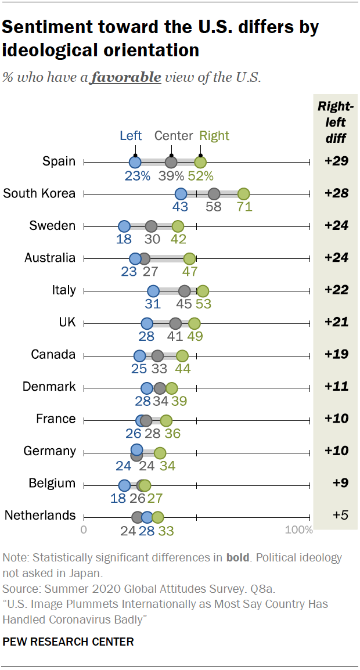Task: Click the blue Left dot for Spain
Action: coord(135,162)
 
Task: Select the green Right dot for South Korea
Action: coord(243,194)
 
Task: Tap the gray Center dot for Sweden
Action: coord(151,226)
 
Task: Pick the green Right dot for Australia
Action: coord(189,258)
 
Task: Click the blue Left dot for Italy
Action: coord(153,291)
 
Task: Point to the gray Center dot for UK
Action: coord(175,323)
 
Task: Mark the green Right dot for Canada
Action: coord(182,355)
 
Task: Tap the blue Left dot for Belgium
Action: coord(124,484)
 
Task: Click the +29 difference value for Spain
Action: coord(336,161)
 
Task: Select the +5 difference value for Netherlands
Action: coord(337,516)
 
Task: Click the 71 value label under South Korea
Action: coord(244,207)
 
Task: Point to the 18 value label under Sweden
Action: coord(124,239)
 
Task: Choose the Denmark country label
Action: coord(49,387)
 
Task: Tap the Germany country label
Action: coord(49,451)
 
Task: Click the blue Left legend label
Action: coord(131,136)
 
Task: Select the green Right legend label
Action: coord(214,136)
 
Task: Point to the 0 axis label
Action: coord(84,530)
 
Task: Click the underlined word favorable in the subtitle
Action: coord(125,77)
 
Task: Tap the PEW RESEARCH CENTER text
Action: coord(69,642)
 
